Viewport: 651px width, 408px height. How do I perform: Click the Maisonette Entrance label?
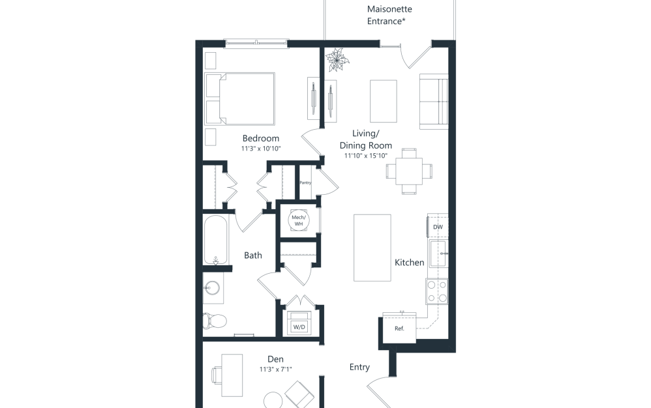389,16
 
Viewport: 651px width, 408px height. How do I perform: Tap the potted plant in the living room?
338,61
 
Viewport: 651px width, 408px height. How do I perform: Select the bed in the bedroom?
240,98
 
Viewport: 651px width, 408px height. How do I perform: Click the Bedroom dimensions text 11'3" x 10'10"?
260,149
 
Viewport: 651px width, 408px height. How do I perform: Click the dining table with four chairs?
409,171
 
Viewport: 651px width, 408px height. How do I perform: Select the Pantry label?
305,182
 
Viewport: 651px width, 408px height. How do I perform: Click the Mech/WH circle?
299,220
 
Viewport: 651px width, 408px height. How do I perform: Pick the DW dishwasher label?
438,227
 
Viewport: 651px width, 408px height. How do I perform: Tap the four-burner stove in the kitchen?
437,291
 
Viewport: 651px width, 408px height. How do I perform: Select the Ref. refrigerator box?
400,328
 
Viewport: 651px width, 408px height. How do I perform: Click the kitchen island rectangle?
372,248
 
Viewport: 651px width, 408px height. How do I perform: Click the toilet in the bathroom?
215,321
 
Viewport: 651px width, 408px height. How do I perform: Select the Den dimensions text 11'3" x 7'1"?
275,370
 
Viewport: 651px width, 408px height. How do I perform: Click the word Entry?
359,368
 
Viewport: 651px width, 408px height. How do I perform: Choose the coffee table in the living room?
384,100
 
